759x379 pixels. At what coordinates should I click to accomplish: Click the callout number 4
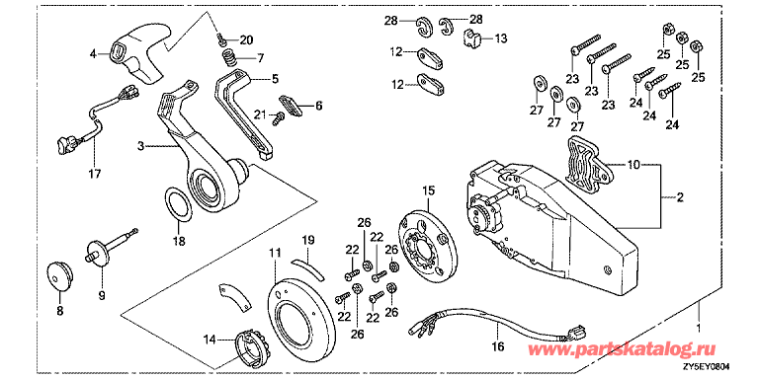pyautogui.click(x=94, y=54)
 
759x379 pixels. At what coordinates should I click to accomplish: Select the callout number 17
pyautogui.click(x=94, y=175)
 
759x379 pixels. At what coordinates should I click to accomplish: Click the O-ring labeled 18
pyautogui.click(x=178, y=203)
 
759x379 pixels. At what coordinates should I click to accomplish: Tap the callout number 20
pyautogui.click(x=246, y=39)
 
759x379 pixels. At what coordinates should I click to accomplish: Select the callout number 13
pyautogui.click(x=500, y=38)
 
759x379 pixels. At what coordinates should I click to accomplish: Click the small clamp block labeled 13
pyautogui.click(x=473, y=40)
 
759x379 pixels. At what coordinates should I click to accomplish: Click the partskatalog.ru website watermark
pyautogui.click(x=636, y=350)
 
